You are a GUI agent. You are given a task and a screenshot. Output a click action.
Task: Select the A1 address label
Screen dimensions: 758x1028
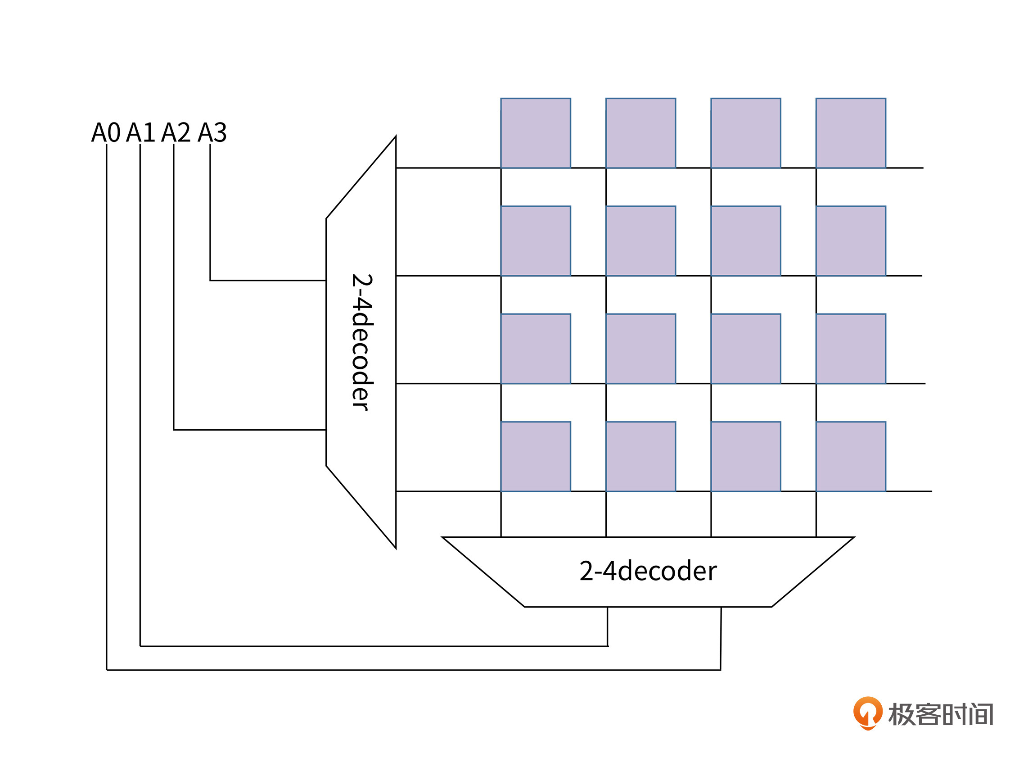(140, 132)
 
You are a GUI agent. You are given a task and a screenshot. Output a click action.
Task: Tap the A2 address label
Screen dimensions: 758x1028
(176, 132)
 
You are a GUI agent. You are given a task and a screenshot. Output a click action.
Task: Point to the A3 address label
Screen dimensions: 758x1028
(212, 132)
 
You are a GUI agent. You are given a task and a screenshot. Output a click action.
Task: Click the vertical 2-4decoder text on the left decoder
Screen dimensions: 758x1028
(362, 342)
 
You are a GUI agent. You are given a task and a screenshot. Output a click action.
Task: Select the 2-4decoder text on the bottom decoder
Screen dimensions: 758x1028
(647, 571)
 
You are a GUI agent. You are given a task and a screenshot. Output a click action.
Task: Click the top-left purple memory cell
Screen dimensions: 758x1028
(535, 133)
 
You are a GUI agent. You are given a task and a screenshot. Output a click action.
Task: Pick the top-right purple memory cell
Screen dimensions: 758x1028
(850, 133)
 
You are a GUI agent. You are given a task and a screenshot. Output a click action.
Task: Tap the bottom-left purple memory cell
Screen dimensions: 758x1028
(535, 457)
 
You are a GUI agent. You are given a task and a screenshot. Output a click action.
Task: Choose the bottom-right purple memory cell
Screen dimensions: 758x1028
(850, 457)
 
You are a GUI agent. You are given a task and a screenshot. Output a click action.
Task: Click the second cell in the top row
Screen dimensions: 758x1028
(640, 133)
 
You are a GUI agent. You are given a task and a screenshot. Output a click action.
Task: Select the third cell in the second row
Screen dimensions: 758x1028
(745, 241)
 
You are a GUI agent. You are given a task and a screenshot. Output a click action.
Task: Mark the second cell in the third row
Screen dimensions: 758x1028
(640, 349)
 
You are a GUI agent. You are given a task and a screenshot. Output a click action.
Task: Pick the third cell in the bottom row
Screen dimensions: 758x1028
(745, 457)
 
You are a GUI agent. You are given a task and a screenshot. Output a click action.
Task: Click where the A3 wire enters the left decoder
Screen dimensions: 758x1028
(326, 280)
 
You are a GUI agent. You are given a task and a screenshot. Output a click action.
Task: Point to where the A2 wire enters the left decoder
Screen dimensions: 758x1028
(326, 430)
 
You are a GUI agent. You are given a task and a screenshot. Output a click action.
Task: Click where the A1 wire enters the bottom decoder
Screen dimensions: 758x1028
(607, 608)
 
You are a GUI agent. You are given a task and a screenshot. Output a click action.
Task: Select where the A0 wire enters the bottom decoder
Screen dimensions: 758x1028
(721, 608)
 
